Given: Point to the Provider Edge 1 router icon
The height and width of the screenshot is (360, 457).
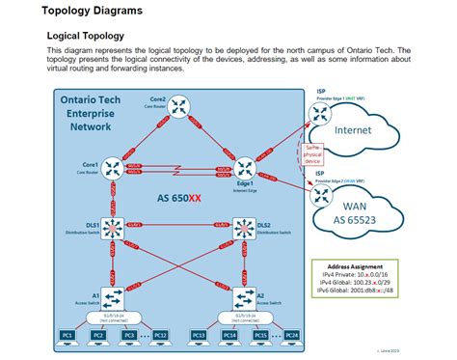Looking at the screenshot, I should click(319, 114).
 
